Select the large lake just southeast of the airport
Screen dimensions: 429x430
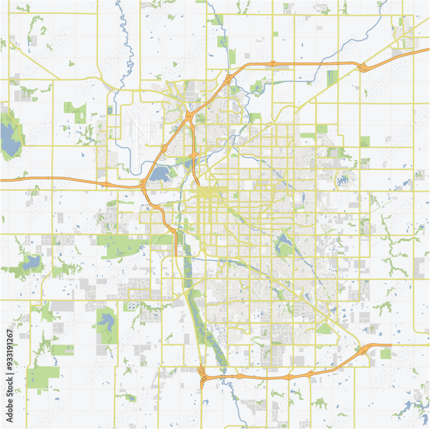click(x=160, y=174)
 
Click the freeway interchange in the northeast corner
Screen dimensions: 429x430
click(x=363, y=67)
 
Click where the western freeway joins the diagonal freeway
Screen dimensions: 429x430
click(x=143, y=186)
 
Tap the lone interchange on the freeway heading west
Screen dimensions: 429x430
click(x=106, y=184)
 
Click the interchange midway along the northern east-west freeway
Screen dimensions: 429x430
click(x=273, y=64)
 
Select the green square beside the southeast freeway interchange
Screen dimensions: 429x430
click(x=386, y=353)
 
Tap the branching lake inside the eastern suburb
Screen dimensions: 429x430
click(x=344, y=180)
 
